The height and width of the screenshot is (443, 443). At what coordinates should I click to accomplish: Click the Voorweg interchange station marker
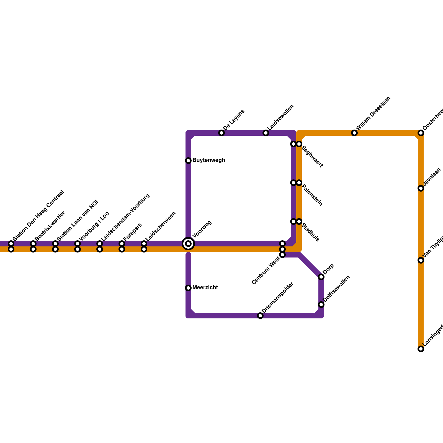tap(188, 244)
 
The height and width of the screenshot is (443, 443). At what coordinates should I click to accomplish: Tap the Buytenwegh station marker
tap(188, 161)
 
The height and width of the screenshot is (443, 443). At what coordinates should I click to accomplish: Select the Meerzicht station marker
tap(188, 288)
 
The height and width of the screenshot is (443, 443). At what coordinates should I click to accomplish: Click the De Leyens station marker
tap(221, 133)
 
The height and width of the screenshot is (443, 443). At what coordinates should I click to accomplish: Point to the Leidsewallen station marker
tap(266, 133)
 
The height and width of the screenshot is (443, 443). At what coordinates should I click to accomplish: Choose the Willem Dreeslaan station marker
tap(354, 133)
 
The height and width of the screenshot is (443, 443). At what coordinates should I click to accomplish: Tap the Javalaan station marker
tap(421, 188)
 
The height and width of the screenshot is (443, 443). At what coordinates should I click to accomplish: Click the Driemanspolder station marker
tap(260, 316)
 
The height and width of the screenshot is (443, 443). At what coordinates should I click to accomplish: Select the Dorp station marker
tap(321, 277)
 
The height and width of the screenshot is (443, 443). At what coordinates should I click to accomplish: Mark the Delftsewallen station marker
tap(321, 305)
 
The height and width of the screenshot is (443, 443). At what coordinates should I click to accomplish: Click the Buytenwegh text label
tap(208, 160)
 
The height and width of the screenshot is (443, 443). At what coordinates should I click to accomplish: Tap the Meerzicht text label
tap(205, 288)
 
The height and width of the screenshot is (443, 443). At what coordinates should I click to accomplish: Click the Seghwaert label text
tap(312, 156)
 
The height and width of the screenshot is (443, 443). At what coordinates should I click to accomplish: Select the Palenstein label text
tap(312, 195)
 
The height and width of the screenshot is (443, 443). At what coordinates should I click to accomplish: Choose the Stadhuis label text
tap(310, 232)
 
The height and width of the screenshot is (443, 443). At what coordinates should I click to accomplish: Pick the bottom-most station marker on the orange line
tap(421, 349)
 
